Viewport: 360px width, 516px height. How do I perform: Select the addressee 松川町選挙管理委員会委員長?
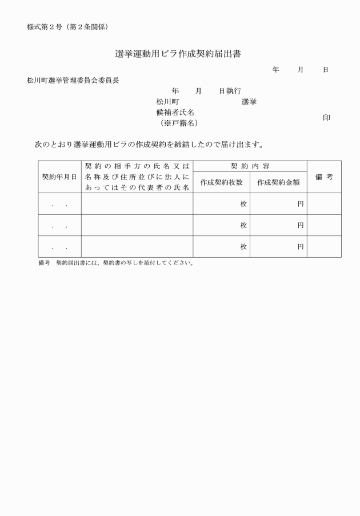click(73, 81)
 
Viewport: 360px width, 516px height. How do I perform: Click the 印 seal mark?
click(326, 118)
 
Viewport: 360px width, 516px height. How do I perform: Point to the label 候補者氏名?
click(179, 113)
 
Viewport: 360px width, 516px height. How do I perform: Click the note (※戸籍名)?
click(179, 123)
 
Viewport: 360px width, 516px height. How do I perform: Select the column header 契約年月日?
click(59, 177)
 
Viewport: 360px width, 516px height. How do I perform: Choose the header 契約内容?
click(250, 166)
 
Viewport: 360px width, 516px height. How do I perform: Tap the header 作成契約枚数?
click(222, 182)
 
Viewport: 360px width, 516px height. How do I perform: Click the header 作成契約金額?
click(278, 182)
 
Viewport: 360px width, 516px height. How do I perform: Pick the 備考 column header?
click(324, 177)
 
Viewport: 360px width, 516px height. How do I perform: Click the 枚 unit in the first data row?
click(243, 204)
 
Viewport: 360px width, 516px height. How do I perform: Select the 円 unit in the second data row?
click(301, 226)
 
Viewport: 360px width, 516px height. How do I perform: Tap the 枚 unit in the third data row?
click(243, 247)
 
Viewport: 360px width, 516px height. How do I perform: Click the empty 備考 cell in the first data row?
click(324, 204)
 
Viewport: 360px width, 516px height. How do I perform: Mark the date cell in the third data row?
click(59, 247)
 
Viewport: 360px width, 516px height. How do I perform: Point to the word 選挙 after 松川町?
click(249, 102)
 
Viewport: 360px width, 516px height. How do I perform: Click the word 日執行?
click(230, 91)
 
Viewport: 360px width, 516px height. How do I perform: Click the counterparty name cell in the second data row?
click(137, 226)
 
